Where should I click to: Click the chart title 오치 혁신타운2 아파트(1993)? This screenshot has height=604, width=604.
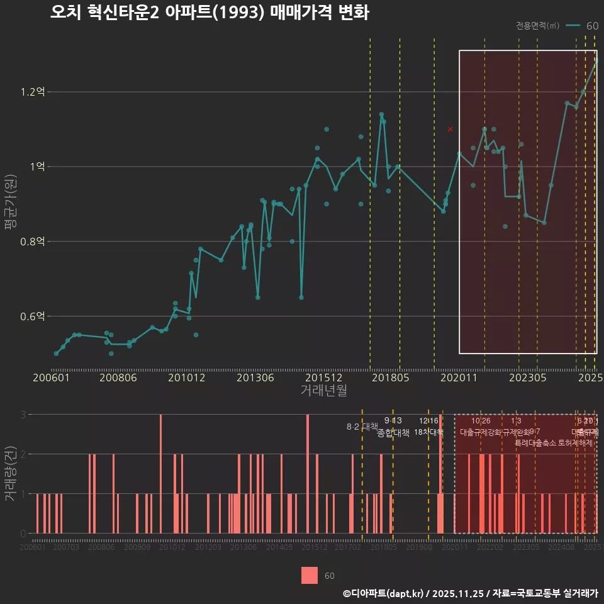point(209,13)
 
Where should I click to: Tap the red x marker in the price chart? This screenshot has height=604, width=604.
point(450,129)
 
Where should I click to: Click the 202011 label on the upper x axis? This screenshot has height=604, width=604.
point(459,377)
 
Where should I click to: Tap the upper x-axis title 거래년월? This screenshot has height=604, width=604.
point(323,391)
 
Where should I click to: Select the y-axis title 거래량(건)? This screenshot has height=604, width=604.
point(9,474)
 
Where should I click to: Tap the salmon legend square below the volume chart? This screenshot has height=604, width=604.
point(309,575)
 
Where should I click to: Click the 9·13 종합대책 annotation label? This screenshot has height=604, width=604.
point(393,427)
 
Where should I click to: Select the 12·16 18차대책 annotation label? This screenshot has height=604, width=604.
point(428,426)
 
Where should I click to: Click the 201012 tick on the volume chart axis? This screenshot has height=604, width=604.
point(172,548)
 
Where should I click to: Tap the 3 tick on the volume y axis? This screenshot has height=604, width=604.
point(23,415)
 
